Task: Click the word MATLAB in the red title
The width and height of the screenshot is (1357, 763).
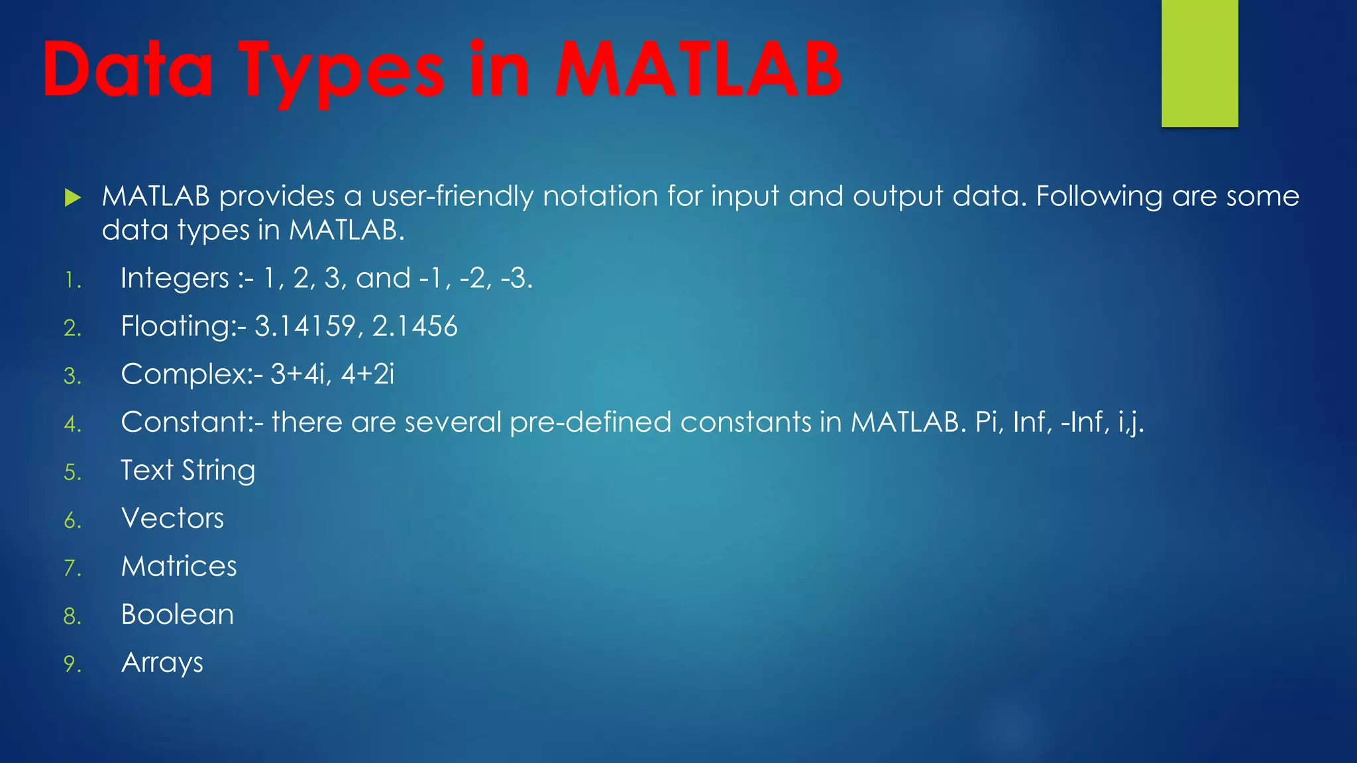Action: pyautogui.click(x=698, y=70)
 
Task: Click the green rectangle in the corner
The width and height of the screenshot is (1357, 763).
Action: pyautogui.click(x=1199, y=63)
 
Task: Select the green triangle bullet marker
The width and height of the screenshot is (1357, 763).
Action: pyautogui.click(x=73, y=197)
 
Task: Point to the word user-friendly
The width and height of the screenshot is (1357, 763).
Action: pyautogui.click(x=452, y=196)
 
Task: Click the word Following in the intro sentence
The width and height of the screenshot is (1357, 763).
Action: pyautogui.click(x=1099, y=197)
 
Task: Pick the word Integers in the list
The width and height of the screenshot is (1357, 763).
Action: pyautogui.click(x=175, y=278)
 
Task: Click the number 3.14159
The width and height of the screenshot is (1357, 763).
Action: pyautogui.click(x=305, y=327)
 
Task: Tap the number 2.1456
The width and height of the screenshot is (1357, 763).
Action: pyautogui.click(x=415, y=327)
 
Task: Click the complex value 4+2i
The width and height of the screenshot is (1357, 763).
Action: pyautogui.click(x=368, y=374)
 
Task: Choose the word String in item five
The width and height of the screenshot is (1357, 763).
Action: pyautogui.click(x=219, y=471)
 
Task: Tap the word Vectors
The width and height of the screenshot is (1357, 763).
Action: pyautogui.click(x=173, y=519)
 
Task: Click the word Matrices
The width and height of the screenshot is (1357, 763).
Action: pyautogui.click(x=179, y=567)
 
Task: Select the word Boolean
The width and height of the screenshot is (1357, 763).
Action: pyautogui.click(x=178, y=615)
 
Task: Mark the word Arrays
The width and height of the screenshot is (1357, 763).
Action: pyautogui.click(x=162, y=663)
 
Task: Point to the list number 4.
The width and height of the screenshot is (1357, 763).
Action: pyautogui.click(x=72, y=424)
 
